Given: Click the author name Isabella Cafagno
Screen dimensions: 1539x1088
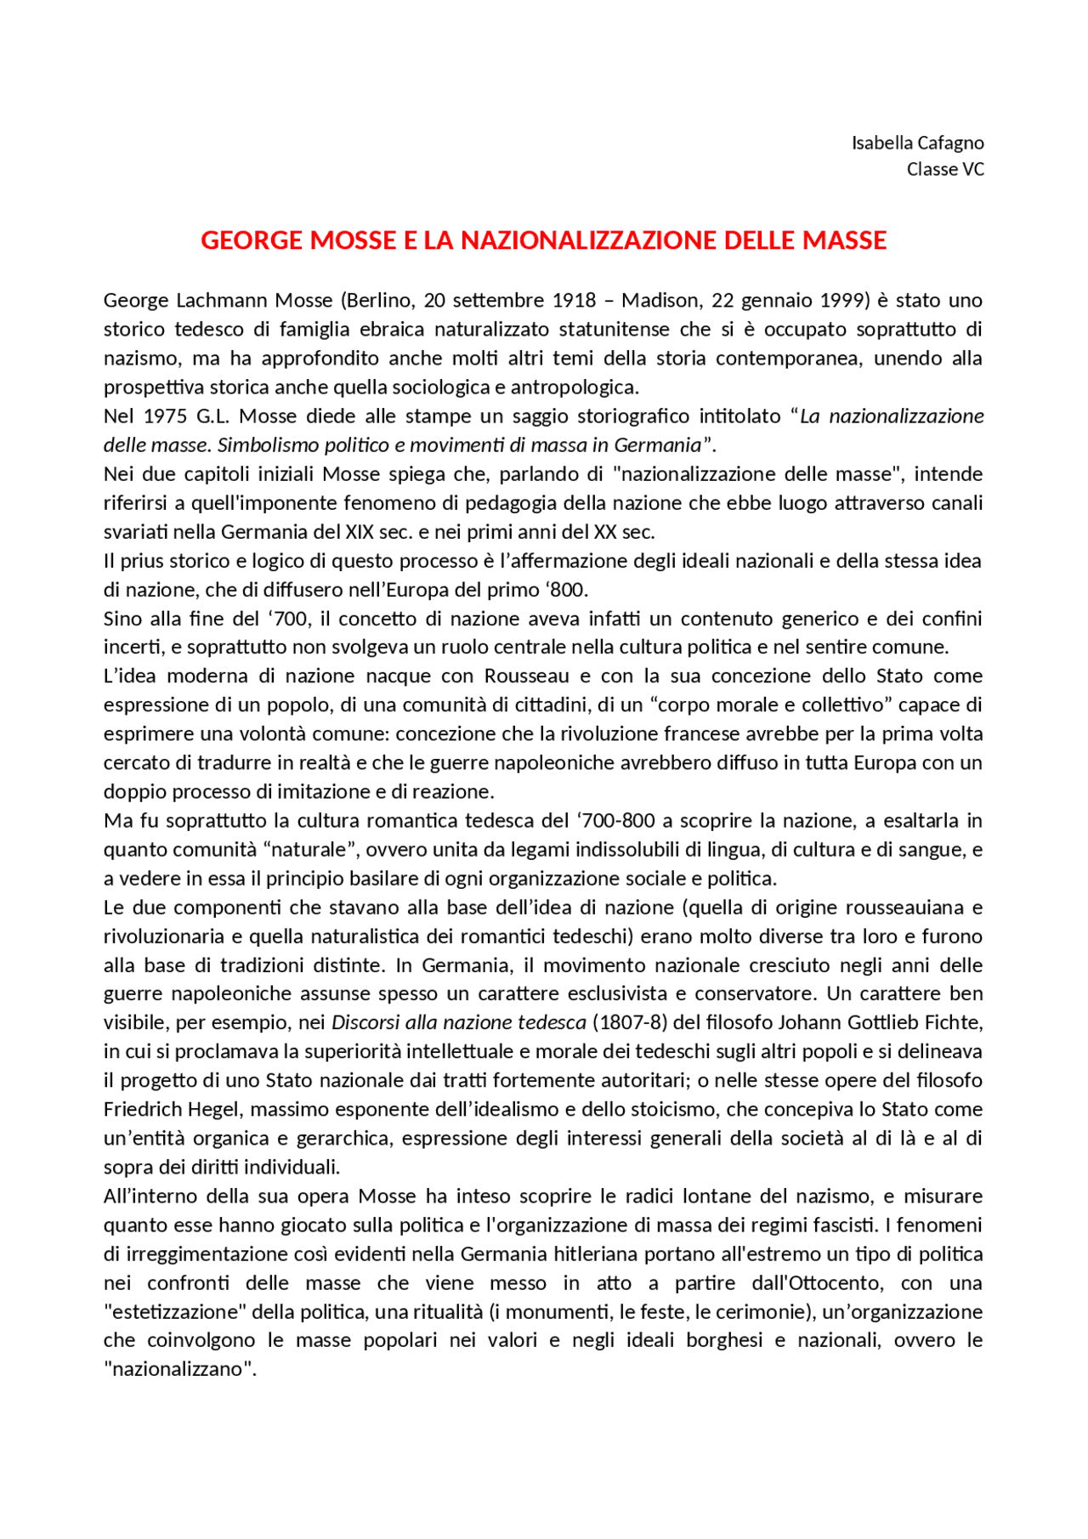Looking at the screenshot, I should click(x=917, y=143).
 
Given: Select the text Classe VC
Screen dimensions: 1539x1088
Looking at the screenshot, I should click(x=944, y=169).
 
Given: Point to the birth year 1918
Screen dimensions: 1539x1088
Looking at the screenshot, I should click(x=574, y=300).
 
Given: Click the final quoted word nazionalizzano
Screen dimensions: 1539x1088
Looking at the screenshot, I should click(x=179, y=1369).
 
